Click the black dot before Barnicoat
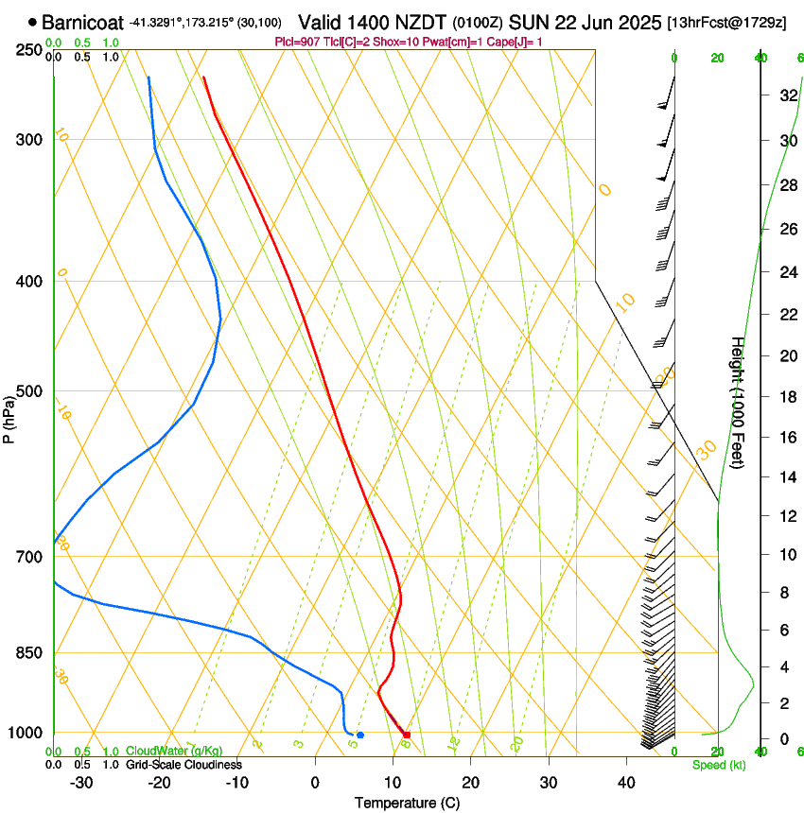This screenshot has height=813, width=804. tap(33, 22)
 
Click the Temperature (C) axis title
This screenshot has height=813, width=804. tap(406, 803)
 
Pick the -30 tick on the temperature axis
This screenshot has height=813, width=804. tap(81, 783)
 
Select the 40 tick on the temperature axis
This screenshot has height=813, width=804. tap(625, 783)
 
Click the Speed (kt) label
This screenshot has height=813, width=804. tap(718, 765)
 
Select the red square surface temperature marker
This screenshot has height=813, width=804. tap(407, 735)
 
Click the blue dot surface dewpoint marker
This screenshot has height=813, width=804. tap(360, 735)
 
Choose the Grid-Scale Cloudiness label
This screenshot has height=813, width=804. tap(184, 765)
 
